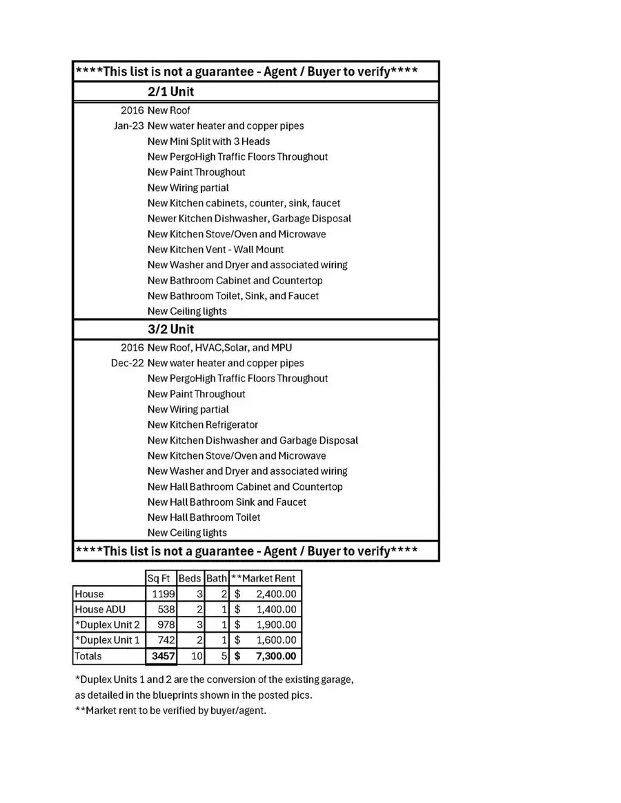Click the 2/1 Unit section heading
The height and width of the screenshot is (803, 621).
170,92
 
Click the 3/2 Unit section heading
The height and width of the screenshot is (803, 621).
170,329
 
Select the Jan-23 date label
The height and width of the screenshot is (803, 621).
129,126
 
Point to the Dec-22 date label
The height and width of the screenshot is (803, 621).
128,363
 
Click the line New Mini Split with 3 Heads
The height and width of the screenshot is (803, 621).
208,141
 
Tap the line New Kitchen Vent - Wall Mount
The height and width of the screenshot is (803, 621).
215,249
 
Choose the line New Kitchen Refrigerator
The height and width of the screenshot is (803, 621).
203,424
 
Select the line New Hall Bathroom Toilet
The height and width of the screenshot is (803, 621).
204,517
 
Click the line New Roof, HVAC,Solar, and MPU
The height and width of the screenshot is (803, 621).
219,348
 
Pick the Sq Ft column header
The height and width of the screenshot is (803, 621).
159,578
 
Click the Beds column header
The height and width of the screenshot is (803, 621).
189,578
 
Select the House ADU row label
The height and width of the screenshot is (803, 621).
99,609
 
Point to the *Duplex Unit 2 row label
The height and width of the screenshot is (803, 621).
107,624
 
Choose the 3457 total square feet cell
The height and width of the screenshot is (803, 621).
163,656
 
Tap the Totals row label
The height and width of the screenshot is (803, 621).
88,656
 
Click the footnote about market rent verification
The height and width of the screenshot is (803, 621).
170,711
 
